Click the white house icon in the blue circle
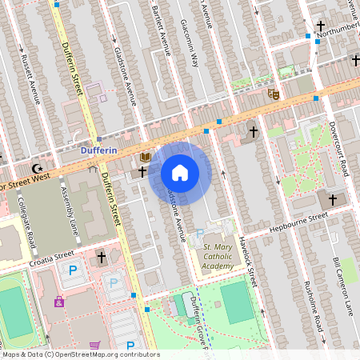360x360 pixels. (x=180, y=173)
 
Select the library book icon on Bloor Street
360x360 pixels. (x=146, y=157)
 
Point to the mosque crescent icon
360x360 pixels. (x=36, y=168)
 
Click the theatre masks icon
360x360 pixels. (x=273, y=94)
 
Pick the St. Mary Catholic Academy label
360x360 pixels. (x=219, y=258)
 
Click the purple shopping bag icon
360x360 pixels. (x=58, y=302)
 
